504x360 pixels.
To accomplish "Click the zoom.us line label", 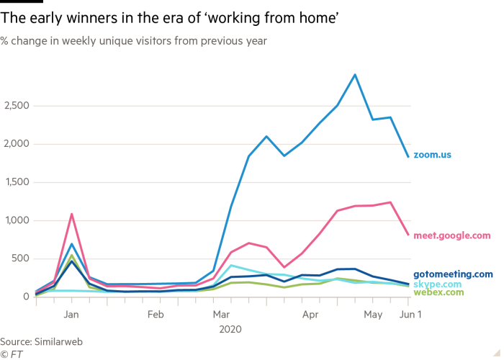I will [x=432, y=155].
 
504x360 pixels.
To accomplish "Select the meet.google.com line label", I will [x=452, y=235].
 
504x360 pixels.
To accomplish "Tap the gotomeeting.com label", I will [x=454, y=274].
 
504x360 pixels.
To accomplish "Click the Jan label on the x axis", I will [x=71, y=315].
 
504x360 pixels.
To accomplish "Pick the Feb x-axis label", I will [x=156, y=315].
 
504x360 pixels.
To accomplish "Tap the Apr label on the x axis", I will [x=310, y=315].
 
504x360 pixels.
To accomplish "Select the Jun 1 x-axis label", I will [x=407, y=315].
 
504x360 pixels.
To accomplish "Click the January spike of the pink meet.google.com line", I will [x=71, y=214].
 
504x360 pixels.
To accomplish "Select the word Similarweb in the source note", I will [x=58, y=342].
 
